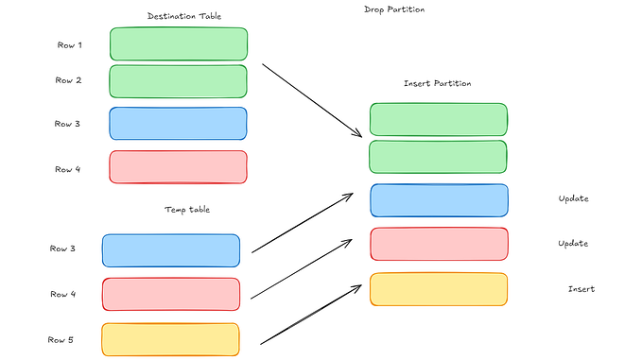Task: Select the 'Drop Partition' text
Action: (x=393, y=9)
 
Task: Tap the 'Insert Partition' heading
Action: (x=437, y=83)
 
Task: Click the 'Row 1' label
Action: (x=68, y=44)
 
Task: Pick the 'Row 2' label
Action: (x=68, y=80)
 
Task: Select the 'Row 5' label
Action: (x=62, y=339)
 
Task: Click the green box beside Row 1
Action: (x=179, y=44)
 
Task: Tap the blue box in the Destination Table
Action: (x=179, y=124)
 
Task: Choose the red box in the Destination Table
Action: (x=179, y=167)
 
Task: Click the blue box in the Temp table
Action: (x=171, y=250)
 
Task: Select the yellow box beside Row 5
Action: (x=171, y=339)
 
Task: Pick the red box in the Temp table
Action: (x=171, y=294)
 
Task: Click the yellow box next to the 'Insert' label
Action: (x=439, y=289)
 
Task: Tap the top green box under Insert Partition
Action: (x=439, y=119)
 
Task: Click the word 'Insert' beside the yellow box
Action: (x=581, y=289)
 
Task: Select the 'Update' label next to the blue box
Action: (x=574, y=199)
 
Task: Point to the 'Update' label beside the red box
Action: (x=574, y=244)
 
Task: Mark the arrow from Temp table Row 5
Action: (x=311, y=313)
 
